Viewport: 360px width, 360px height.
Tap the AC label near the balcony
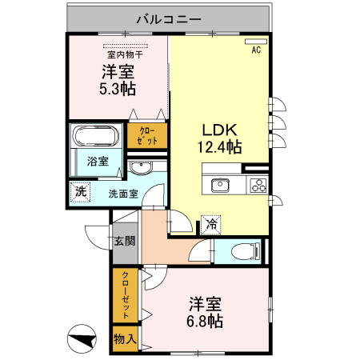(257, 50)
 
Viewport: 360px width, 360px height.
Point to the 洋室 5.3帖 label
(118, 80)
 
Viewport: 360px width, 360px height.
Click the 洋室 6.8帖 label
(206, 312)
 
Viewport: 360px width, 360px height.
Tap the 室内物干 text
(125, 54)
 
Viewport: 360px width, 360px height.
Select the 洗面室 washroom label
(123, 193)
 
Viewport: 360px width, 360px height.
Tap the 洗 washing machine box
(80, 192)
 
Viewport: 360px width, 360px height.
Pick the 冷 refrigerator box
(211, 225)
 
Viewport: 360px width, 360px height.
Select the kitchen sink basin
(221, 186)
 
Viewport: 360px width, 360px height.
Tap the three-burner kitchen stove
(258, 186)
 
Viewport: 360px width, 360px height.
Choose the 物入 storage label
(125, 339)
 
